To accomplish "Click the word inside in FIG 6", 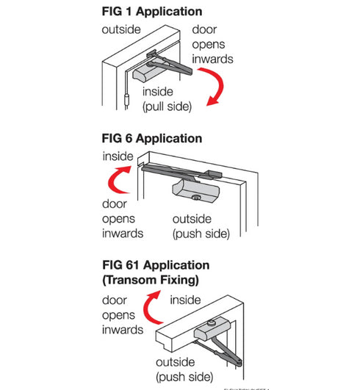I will [x=118, y=156].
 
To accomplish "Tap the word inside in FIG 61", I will [x=185, y=300].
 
